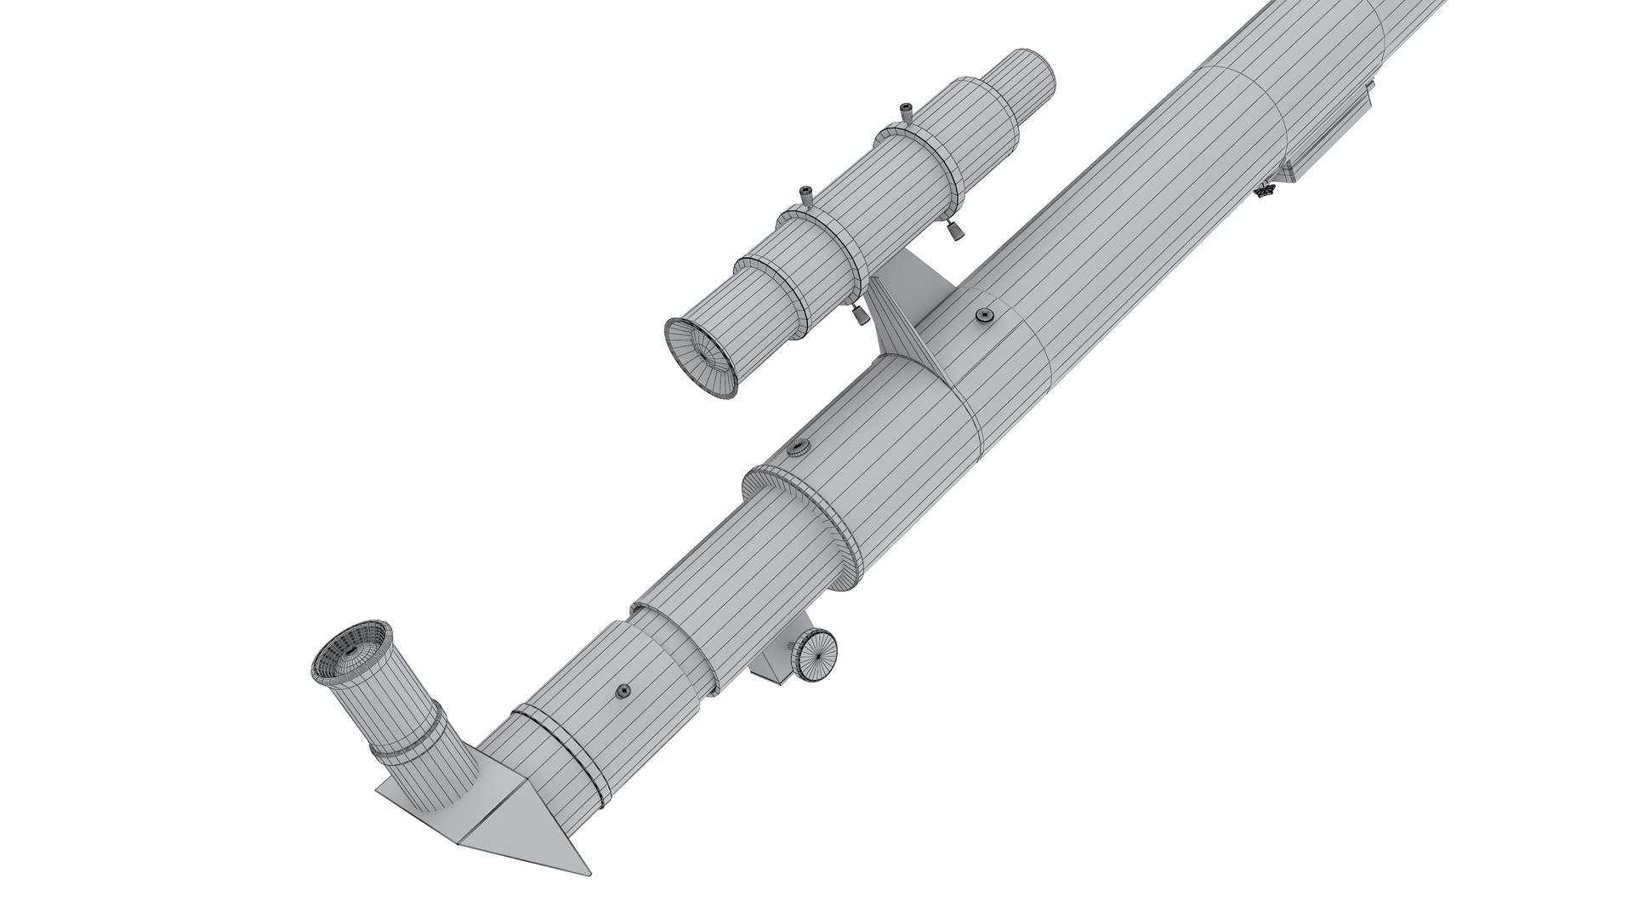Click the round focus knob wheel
click(815, 656)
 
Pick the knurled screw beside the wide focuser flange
click(799, 448)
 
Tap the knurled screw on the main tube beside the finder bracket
click(985, 317)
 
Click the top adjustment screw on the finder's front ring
click(903, 111)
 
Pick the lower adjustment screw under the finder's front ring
click(956, 230)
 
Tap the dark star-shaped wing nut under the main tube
click(1265, 191)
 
